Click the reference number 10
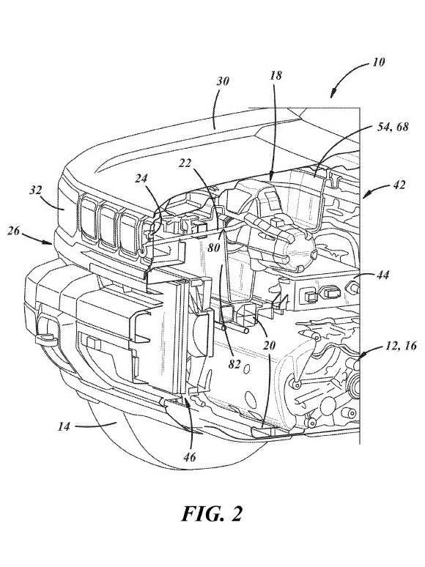click(x=378, y=62)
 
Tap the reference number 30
click(x=223, y=81)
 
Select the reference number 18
click(x=276, y=75)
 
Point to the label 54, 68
click(x=392, y=127)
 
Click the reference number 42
click(x=398, y=185)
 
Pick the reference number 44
click(x=382, y=275)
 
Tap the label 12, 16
click(x=400, y=346)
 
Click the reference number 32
click(x=35, y=190)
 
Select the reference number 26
click(x=13, y=230)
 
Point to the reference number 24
click(x=141, y=178)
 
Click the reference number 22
click(x=185, y=163)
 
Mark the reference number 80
click(x=214, y=248)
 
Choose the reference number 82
click(x=234, y=364)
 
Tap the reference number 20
click(x=269, y=346)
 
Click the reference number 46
click(x=190, y=457)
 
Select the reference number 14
click(x=64, y=426)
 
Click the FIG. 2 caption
click(x=212, y=514)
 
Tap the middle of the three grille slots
click(x=109, y=227)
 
